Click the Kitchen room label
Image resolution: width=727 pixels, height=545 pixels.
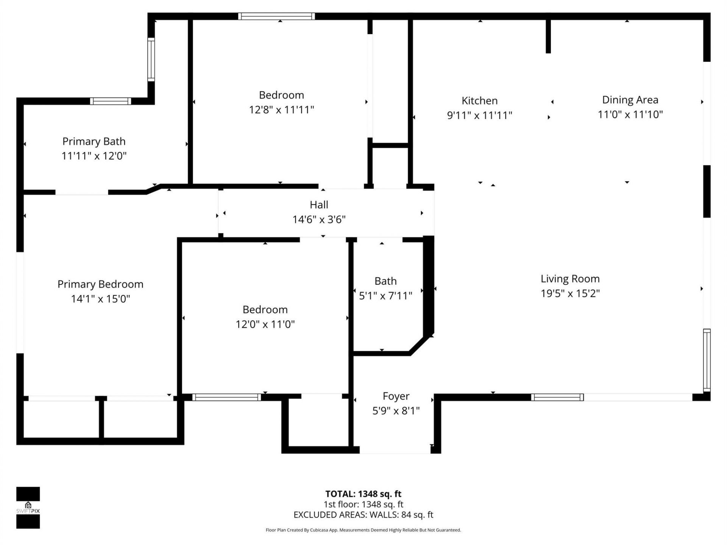coord(479,101)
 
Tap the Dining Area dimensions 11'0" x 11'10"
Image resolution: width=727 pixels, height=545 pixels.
coord(630,114)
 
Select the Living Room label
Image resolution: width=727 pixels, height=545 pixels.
coord(570,279)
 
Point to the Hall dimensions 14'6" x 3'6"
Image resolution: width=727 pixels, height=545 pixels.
coord(319,220)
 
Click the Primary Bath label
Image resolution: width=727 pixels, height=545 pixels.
coord(94,142)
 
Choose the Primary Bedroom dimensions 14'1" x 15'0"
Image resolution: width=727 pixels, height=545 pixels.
coord(100,299)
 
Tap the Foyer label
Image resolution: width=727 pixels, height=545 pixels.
coord(396,396)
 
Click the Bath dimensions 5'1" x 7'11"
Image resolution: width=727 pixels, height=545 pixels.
coord(385,296)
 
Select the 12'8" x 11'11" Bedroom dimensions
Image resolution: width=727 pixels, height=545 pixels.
coord(281,110)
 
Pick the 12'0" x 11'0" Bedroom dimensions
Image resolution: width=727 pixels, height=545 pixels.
coord(265,324)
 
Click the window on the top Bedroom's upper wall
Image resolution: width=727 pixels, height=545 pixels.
coord(276,16)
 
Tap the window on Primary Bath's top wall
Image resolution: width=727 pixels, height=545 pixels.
coord(111,101)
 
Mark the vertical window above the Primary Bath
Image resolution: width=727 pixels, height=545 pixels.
coord(151,59)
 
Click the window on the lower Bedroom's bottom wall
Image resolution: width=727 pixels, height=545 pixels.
coord(226,397)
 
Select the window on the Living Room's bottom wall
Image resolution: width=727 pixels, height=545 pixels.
coord(557,397)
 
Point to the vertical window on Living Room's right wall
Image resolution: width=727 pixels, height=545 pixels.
coord(707,360)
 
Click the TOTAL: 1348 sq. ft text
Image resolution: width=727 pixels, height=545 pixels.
coord(363,494)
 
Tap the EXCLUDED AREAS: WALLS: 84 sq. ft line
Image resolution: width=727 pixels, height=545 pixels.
coord(363,515)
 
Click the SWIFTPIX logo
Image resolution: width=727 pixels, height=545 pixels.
coord(28,508)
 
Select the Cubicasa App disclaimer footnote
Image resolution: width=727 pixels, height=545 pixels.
coord(363,530)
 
